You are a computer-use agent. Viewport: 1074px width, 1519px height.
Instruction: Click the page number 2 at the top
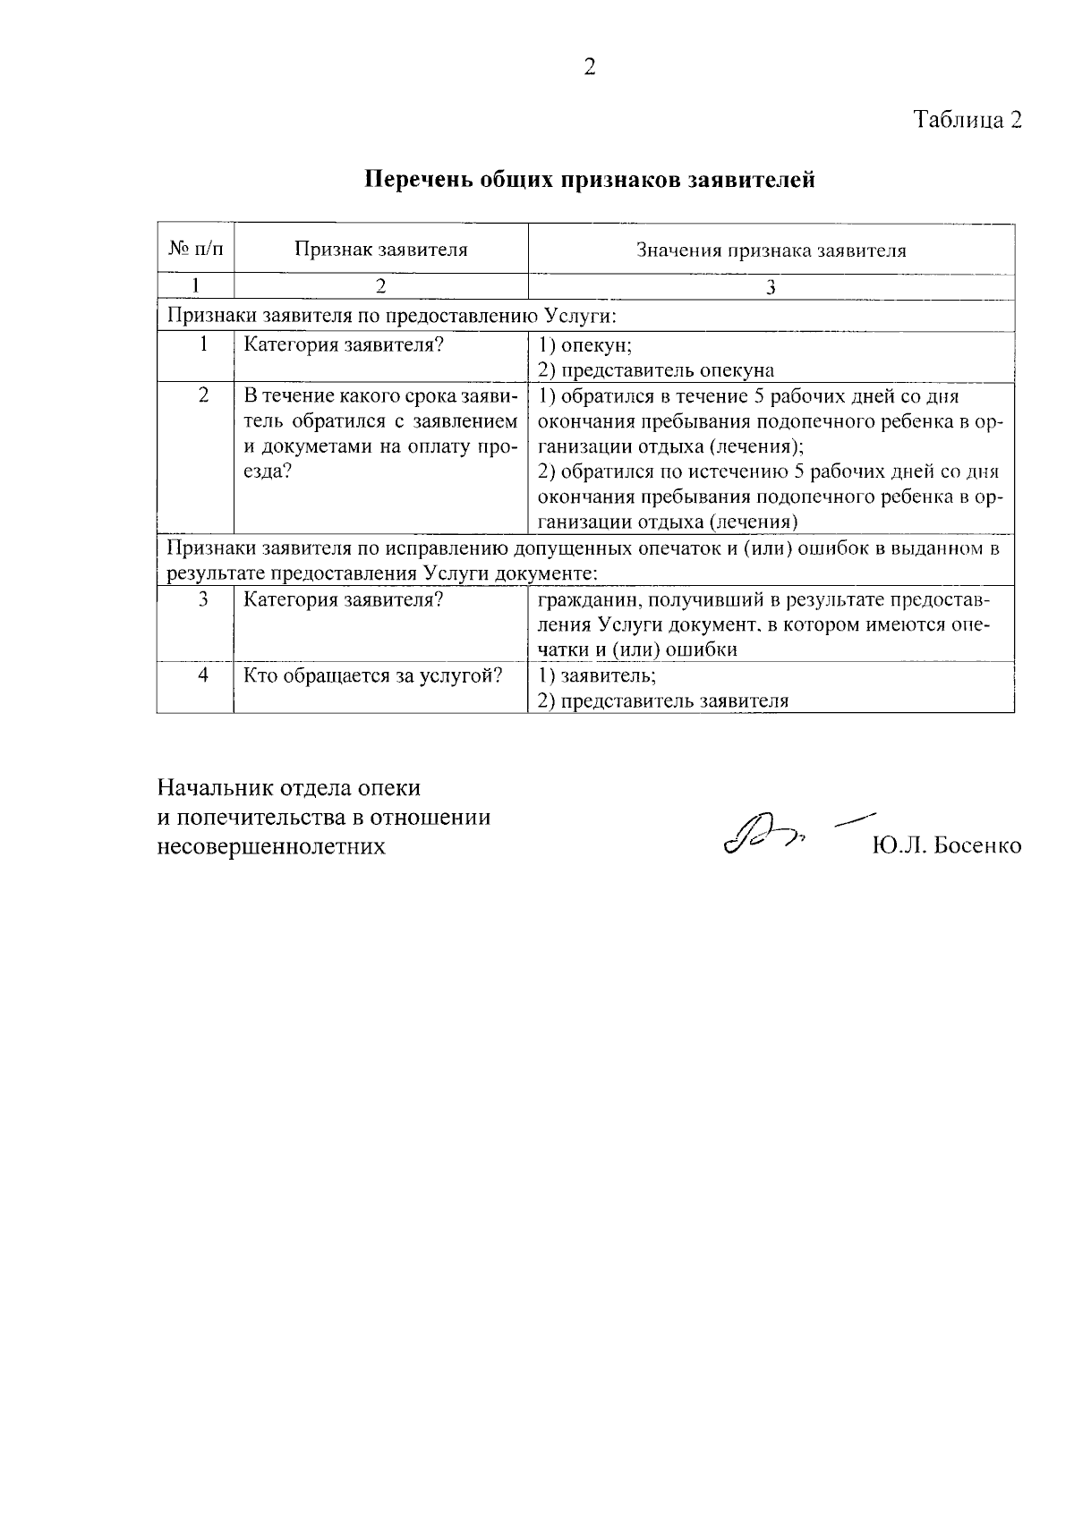tap(589, 67)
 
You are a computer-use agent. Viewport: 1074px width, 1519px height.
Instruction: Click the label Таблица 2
tap(967, 120)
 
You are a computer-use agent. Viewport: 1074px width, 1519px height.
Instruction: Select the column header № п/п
tap(195, 249)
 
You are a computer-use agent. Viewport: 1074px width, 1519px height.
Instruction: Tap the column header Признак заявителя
tap(381, 250)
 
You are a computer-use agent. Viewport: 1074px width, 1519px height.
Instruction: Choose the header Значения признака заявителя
tap(771, 250)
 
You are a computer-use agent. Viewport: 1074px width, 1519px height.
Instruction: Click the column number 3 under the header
tap(771, 287)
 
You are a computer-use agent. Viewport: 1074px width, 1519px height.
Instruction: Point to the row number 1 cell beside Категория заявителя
tap(204, 344)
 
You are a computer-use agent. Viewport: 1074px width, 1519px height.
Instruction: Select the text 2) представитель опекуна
tap(655, 370)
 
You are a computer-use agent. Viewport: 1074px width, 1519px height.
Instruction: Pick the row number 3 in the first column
tap(203, 598)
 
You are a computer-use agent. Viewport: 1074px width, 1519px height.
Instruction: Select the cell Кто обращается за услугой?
tap(373, 675)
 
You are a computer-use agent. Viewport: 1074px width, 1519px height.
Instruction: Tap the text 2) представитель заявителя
tap(662, 700)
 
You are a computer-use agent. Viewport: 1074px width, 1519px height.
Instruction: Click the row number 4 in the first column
tap(203, 675)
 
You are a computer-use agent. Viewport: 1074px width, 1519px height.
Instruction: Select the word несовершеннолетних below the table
tap(271, 845)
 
